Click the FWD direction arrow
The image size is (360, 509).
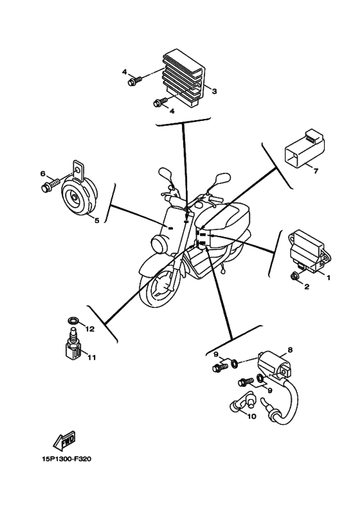click(x=64, y=441)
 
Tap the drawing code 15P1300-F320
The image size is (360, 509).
click(x=67, y=459)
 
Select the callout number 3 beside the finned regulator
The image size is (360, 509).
click(x=214, y=91)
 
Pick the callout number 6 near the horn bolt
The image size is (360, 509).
click(x=43, y=174)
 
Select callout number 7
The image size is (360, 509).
click(x=316, y=171)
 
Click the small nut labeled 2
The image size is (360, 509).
click(x=295, y=276)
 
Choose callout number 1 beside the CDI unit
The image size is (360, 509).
click(x=328, y=278)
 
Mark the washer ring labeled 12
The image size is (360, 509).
click(x=73, y=321)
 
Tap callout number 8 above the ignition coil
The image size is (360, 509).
click(x=290, y=350)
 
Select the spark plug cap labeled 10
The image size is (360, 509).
click(x=243, y=402)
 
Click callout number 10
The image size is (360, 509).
click(x=252, y=416)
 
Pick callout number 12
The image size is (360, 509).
click(x=90, y=329)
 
